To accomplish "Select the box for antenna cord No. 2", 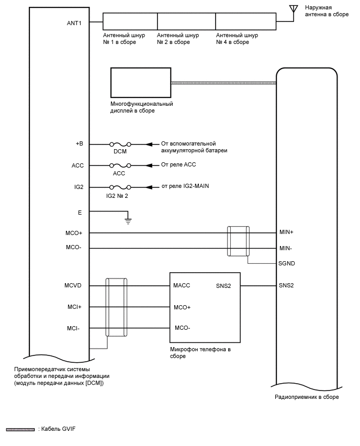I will click(x=186, y=21).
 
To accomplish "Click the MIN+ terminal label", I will click(x=287, y=232).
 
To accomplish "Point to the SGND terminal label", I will click(x=287, y=263).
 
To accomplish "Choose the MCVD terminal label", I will click(x=74, y=286).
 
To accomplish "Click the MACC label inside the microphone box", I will click(x=182, y=286).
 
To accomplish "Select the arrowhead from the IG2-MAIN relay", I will click(x=149, y=187).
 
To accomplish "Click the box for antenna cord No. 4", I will click(x=246, y=21).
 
